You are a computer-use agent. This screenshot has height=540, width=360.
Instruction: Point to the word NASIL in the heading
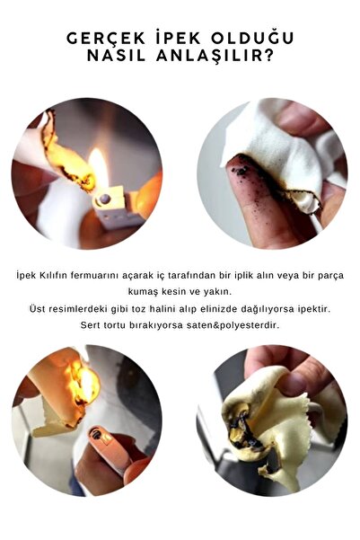click(x=117, y=56)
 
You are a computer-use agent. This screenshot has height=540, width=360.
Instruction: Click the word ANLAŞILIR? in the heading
click(x=215, y=57)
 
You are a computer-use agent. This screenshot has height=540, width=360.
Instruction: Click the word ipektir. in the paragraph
click(x=314, y=309)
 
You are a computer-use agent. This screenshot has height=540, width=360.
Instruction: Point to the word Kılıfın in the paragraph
click(x=53, y=276)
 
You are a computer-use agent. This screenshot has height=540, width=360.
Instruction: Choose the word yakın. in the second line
click(x=219, y=292)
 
